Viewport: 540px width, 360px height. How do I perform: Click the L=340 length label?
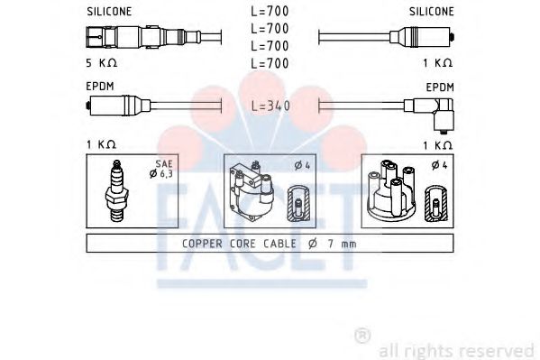point(270,106)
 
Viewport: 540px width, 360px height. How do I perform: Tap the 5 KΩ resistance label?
point(102,63)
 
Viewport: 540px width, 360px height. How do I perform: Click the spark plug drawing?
point(117,190)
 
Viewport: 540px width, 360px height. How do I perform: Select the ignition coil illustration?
point(252,191)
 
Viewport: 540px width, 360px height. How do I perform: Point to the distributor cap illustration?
point(391,189)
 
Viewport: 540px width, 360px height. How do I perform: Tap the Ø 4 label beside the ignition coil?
point(302,166)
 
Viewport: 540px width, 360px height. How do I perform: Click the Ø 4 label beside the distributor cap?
point(439,165)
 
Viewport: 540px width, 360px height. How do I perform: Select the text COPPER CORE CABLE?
point(239,244)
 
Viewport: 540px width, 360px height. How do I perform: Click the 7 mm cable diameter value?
point(342,244)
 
